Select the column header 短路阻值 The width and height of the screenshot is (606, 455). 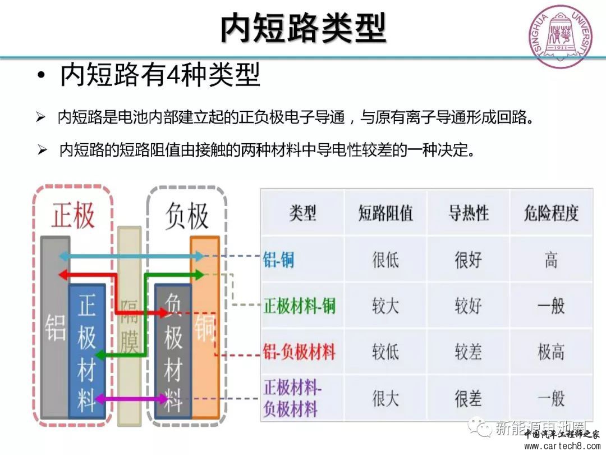point(385,213)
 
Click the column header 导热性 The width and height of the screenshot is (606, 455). point(468,213)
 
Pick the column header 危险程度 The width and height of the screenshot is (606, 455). point(550,213)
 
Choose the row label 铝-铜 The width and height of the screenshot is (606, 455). point(278,260)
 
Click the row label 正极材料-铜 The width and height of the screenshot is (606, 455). point(299,306)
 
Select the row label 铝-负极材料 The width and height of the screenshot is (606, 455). point(299,352)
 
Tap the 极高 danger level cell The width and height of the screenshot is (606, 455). point(550,352)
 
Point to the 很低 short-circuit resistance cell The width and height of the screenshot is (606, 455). point(385,260)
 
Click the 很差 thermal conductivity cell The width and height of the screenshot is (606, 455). point(468,398)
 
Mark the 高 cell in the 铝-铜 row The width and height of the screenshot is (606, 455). point(550,260)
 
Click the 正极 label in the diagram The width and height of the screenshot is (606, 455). point(73,215)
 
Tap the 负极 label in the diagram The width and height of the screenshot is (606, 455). point(187,216)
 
